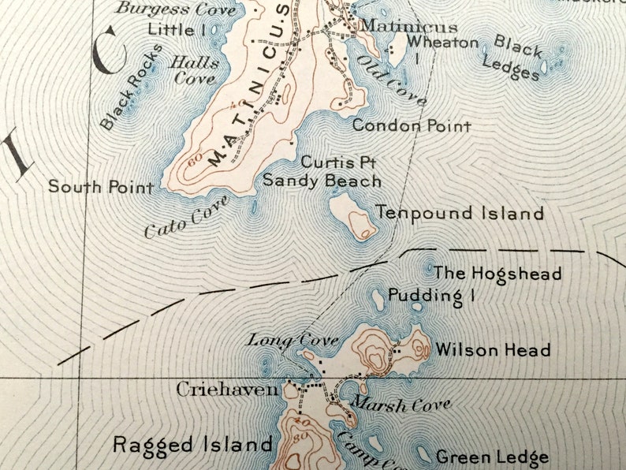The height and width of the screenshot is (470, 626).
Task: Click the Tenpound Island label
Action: (460, 213)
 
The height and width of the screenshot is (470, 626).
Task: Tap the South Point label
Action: (101, 187)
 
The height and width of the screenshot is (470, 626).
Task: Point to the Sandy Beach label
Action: (322, 181)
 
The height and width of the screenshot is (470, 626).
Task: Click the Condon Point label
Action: (412, 125)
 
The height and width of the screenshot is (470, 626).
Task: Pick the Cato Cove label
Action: (187, 217)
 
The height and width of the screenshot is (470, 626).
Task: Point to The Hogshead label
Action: (497, 274)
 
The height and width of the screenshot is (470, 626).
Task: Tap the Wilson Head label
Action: (493, 349)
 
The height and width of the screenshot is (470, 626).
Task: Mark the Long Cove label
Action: (293, 341)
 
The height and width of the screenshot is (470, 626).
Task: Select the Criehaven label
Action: (227, 389)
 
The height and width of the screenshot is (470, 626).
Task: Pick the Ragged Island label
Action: (192, 444)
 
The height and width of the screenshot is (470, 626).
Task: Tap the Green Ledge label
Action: (492, 457)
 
